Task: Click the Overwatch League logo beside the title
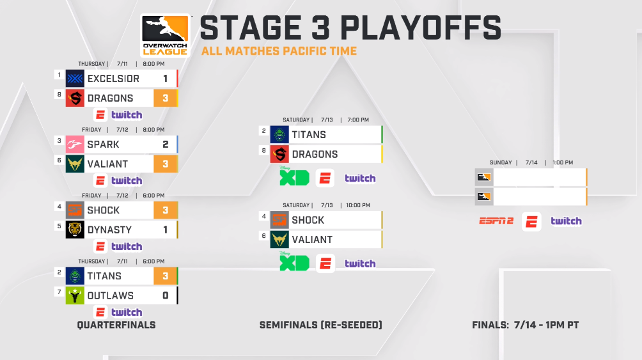(x=166, y=36)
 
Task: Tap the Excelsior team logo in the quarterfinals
(x=75, y=79)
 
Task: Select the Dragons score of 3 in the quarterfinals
(x=166, y=98)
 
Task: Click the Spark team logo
(x=75, y=144)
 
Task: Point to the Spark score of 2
(x=166, y=144)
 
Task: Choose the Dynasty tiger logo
(x=75, y=230)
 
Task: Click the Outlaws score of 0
(x=166, y=295)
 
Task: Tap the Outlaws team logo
(x=75, y=295)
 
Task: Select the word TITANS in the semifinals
(x=309, y=135)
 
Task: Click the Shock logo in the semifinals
(x=279, y=220)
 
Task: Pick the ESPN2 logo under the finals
(x=496, y=221)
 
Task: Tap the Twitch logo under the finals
(x=567, y=221)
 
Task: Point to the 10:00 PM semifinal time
(x=358, y=205)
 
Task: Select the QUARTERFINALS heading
(x=116, y=325)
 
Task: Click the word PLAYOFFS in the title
(x=421, y=28)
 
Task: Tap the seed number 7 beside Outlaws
(x=59, y=292)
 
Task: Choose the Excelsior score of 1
(x=166, y=79)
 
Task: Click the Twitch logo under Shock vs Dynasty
(x=127, y=247)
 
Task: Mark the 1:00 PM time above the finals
(x=563, y=162)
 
